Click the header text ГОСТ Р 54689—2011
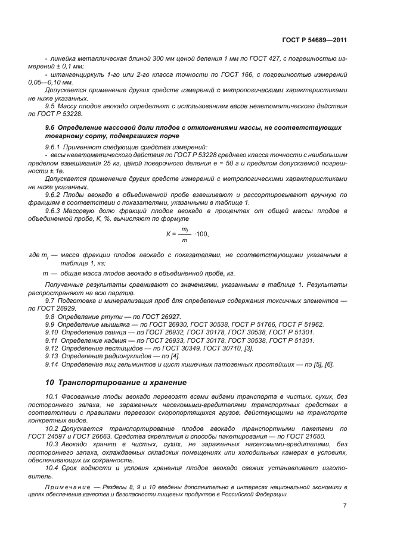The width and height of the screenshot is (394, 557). [315, 40]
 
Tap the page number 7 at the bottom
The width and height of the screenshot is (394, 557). [345, 506]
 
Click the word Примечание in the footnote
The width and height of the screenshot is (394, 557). [61, 487]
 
